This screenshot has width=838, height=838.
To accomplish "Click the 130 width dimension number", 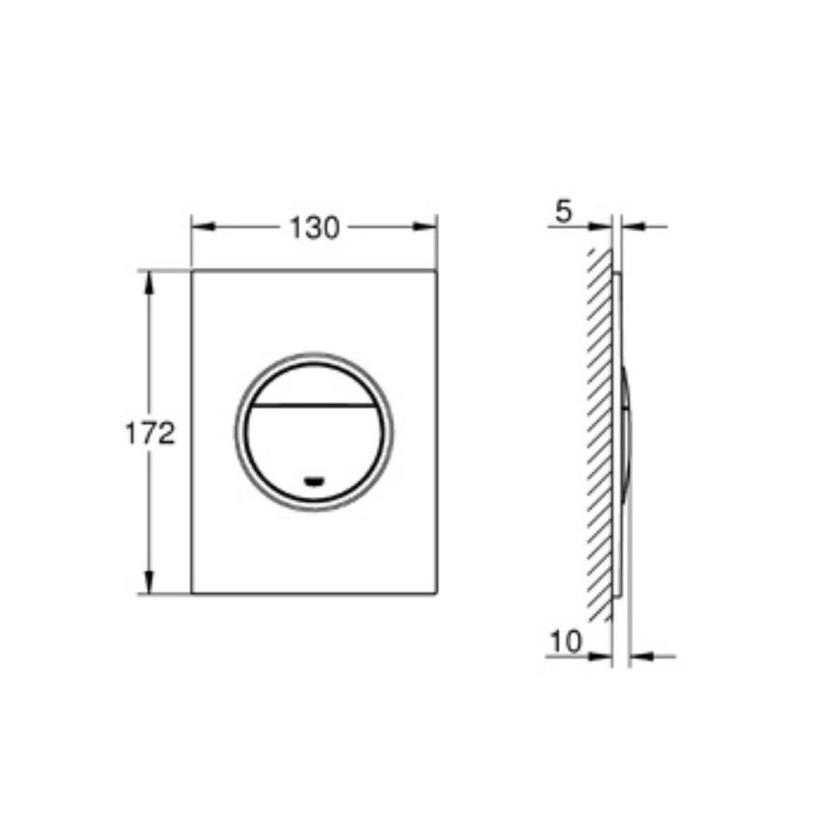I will (x=314, y=226).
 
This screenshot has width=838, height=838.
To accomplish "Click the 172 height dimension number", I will (x=150, y=433).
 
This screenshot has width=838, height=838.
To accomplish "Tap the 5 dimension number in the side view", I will (x=561, y=212).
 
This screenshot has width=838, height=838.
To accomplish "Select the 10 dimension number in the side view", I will (x=566, y=642).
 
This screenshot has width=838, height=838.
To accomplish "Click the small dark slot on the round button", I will (x=315, y=481).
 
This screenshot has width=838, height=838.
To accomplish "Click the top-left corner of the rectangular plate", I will (x=192, y=271).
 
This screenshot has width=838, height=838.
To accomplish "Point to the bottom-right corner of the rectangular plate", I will (x=437, y=593).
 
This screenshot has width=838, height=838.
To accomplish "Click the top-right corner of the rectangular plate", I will (x=437, y=271).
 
